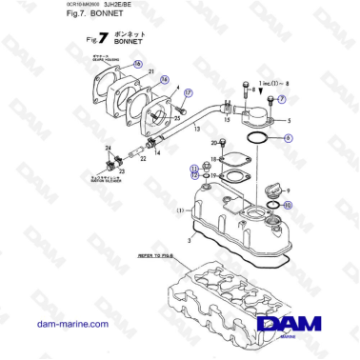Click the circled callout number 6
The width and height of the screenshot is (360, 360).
click(290, 140)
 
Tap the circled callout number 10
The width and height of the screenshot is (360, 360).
click(289, 205)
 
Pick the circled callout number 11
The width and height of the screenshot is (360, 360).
click(193, 167)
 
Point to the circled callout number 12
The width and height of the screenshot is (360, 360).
click(193, 175)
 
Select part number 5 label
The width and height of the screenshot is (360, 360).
click(289, 122)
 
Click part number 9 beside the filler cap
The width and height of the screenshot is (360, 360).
click(287, 191)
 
